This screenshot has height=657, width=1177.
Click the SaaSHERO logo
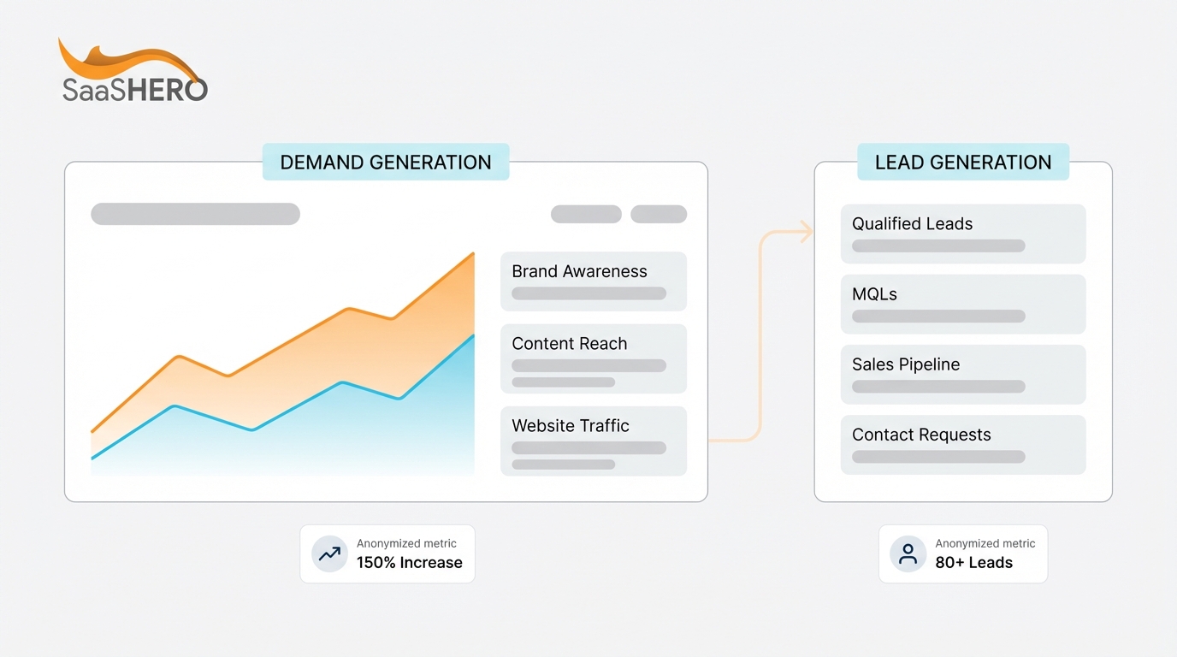coord(133,72)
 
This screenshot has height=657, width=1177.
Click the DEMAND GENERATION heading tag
coord(386,163)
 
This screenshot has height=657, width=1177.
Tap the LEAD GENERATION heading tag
coord(963,163)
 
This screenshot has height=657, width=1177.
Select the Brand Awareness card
coord(594,281)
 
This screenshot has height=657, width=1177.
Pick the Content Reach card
coord(594,358)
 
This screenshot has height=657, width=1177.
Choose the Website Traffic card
coord(594,441)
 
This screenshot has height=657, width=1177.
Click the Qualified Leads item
coord(963,234)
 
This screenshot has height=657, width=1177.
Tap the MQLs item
coord(963,304)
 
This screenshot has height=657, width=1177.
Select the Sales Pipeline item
coord(963,374)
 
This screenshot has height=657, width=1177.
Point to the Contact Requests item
coord(963,445)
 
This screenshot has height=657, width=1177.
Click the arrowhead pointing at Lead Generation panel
coord(806,231)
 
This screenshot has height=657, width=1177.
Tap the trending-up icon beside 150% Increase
coord(329,554)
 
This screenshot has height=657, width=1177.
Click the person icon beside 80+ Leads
coord(908,554)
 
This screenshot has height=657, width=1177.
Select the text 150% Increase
coord(409,563)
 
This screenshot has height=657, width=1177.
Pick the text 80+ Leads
coord(973,563)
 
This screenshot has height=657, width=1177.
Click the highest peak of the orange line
coord(473,254)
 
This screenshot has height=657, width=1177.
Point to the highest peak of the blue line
coord(473,336)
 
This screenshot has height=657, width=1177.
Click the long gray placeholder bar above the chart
coord(195,214)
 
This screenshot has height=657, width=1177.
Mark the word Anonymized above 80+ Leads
coord(966,543)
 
